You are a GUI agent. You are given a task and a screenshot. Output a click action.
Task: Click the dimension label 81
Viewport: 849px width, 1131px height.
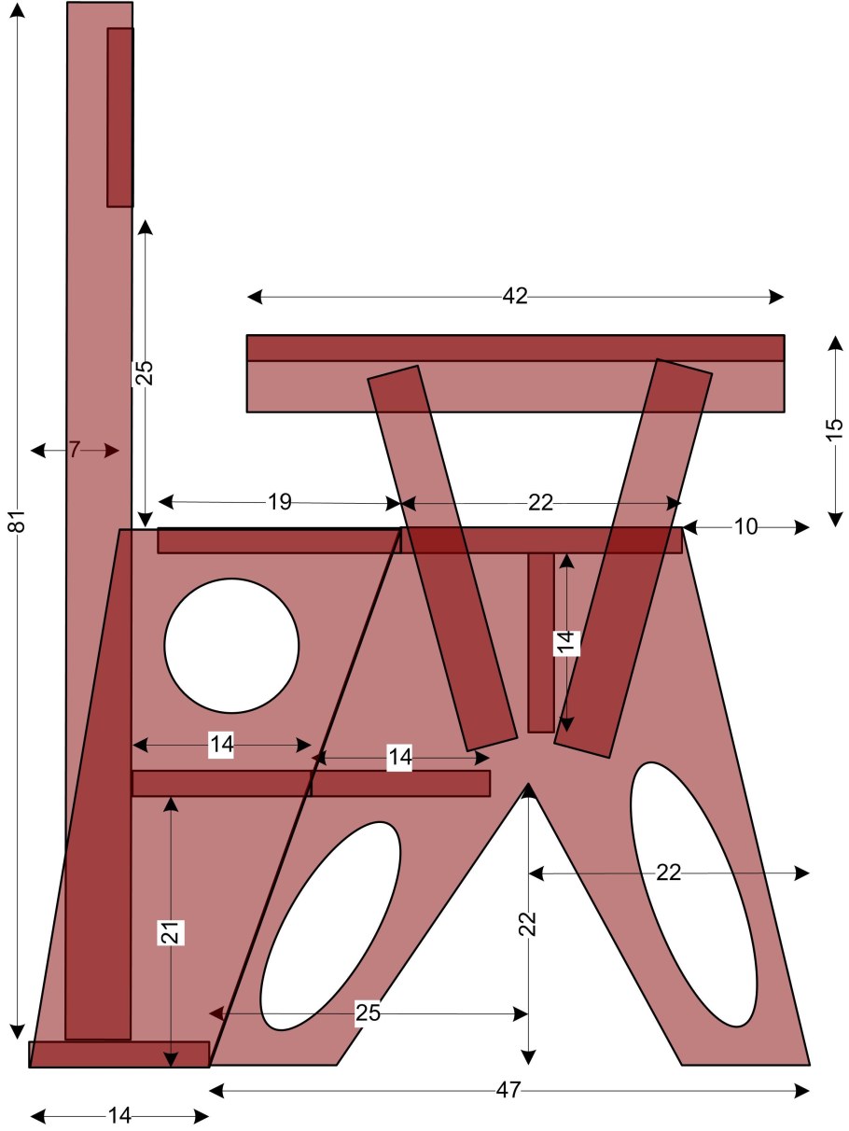coord(18,521)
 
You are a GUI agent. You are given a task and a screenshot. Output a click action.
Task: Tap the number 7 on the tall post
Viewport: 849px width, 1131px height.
coord(75,450)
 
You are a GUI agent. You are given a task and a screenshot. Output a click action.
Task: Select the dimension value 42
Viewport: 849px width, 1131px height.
coord(515,296)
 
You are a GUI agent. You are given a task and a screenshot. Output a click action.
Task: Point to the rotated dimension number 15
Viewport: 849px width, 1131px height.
coord(835,428)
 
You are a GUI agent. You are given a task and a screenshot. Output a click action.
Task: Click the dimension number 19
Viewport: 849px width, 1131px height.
coord(280,501)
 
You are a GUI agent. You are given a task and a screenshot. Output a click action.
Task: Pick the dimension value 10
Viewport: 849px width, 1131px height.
coord(745,526)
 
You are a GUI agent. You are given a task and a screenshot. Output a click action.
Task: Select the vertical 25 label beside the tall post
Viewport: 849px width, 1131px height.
coord(146,373)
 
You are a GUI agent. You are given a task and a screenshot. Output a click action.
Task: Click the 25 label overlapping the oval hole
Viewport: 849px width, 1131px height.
coord(368,1013)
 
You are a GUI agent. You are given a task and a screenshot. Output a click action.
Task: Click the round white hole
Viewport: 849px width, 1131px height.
coord(231,646)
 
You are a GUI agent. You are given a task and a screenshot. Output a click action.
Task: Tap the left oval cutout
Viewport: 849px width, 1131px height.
coord(330,926)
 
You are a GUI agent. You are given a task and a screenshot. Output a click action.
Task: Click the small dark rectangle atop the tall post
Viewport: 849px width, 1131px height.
coord(120,118)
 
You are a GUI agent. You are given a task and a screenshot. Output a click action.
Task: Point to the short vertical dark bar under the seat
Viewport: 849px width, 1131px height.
coord(541,643)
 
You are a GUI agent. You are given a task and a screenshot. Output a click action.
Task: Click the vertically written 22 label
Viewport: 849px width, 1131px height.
coord(528,924)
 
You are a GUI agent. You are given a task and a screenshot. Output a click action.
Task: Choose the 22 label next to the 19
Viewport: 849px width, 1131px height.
coord(540,502)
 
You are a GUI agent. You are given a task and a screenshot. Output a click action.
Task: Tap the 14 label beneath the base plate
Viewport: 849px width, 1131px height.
coord(119,1116)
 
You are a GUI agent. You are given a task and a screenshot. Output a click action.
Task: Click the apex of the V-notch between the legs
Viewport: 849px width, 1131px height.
coord(528,784)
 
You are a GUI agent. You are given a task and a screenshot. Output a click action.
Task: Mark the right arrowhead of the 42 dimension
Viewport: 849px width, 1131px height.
coord(777,297)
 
